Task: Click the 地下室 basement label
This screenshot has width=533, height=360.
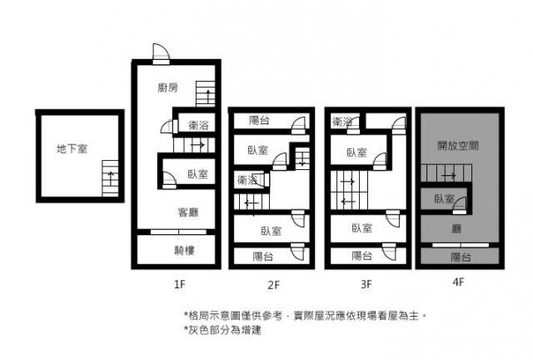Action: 72,148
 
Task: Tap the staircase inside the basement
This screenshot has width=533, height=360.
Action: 110,178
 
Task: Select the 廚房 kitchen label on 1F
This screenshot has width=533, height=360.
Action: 168,87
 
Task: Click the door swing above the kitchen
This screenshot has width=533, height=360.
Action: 161,52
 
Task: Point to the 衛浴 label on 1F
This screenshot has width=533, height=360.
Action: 198,125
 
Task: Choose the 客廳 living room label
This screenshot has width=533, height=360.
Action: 188,212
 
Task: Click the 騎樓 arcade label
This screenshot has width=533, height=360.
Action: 184,251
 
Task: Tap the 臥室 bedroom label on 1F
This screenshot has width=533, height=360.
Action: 198,174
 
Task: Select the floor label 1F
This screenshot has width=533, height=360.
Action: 180,284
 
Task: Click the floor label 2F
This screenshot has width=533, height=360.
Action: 274,284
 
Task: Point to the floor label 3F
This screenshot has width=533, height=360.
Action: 366,284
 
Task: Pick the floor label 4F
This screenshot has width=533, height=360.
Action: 458,282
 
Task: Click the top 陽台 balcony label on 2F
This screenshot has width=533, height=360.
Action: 259,120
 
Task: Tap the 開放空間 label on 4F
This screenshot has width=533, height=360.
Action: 458,146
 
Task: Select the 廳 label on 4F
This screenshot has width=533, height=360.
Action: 456,228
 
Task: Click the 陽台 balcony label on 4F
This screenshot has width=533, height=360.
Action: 461,257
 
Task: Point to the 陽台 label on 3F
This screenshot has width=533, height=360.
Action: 361,256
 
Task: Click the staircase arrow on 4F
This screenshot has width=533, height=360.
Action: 449,176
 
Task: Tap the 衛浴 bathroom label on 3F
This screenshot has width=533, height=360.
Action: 342,122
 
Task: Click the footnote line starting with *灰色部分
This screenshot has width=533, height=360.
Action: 222,330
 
